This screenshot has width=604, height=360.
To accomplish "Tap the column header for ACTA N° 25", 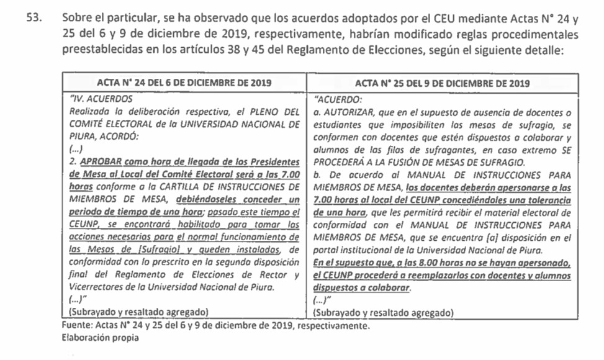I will pyautogui.click(x=442, y=82).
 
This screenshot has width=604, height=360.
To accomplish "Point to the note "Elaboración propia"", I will pyautogui.click(x=101, y=338).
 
